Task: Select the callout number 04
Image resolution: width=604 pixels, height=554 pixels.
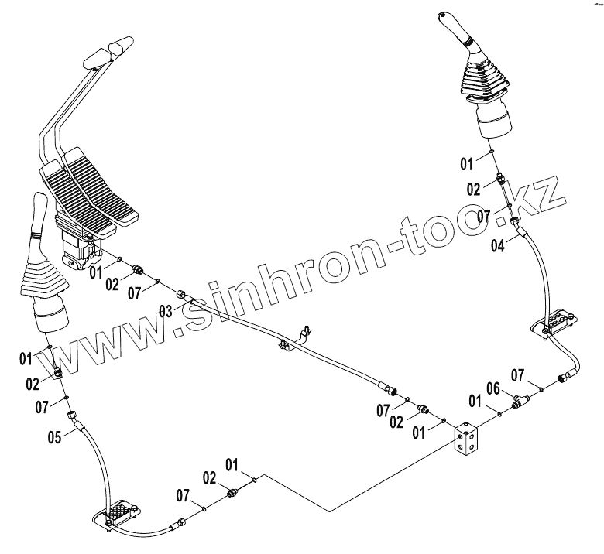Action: pos(499,246)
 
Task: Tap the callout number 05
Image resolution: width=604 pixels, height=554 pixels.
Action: pos(53,436)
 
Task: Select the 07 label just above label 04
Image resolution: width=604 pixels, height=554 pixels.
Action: pos(483,216)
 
